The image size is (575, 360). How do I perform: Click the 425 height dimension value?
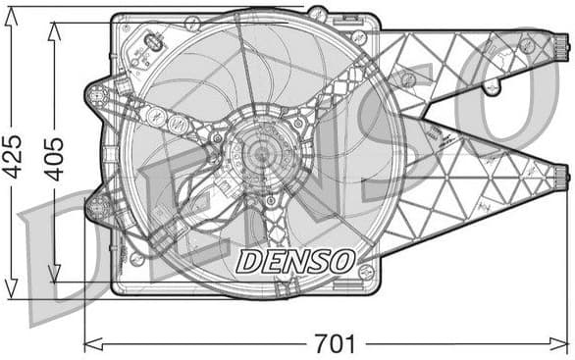[13, 155]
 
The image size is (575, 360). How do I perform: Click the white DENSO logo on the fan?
[295, 260]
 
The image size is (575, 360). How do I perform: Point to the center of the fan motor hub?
[258, 154]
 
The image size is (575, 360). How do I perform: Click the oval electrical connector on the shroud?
[154, 44]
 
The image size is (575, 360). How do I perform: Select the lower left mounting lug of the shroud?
[98, 207]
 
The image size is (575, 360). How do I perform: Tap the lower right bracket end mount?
[560, 178]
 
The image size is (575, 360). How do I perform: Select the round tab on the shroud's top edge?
[317, 13]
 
